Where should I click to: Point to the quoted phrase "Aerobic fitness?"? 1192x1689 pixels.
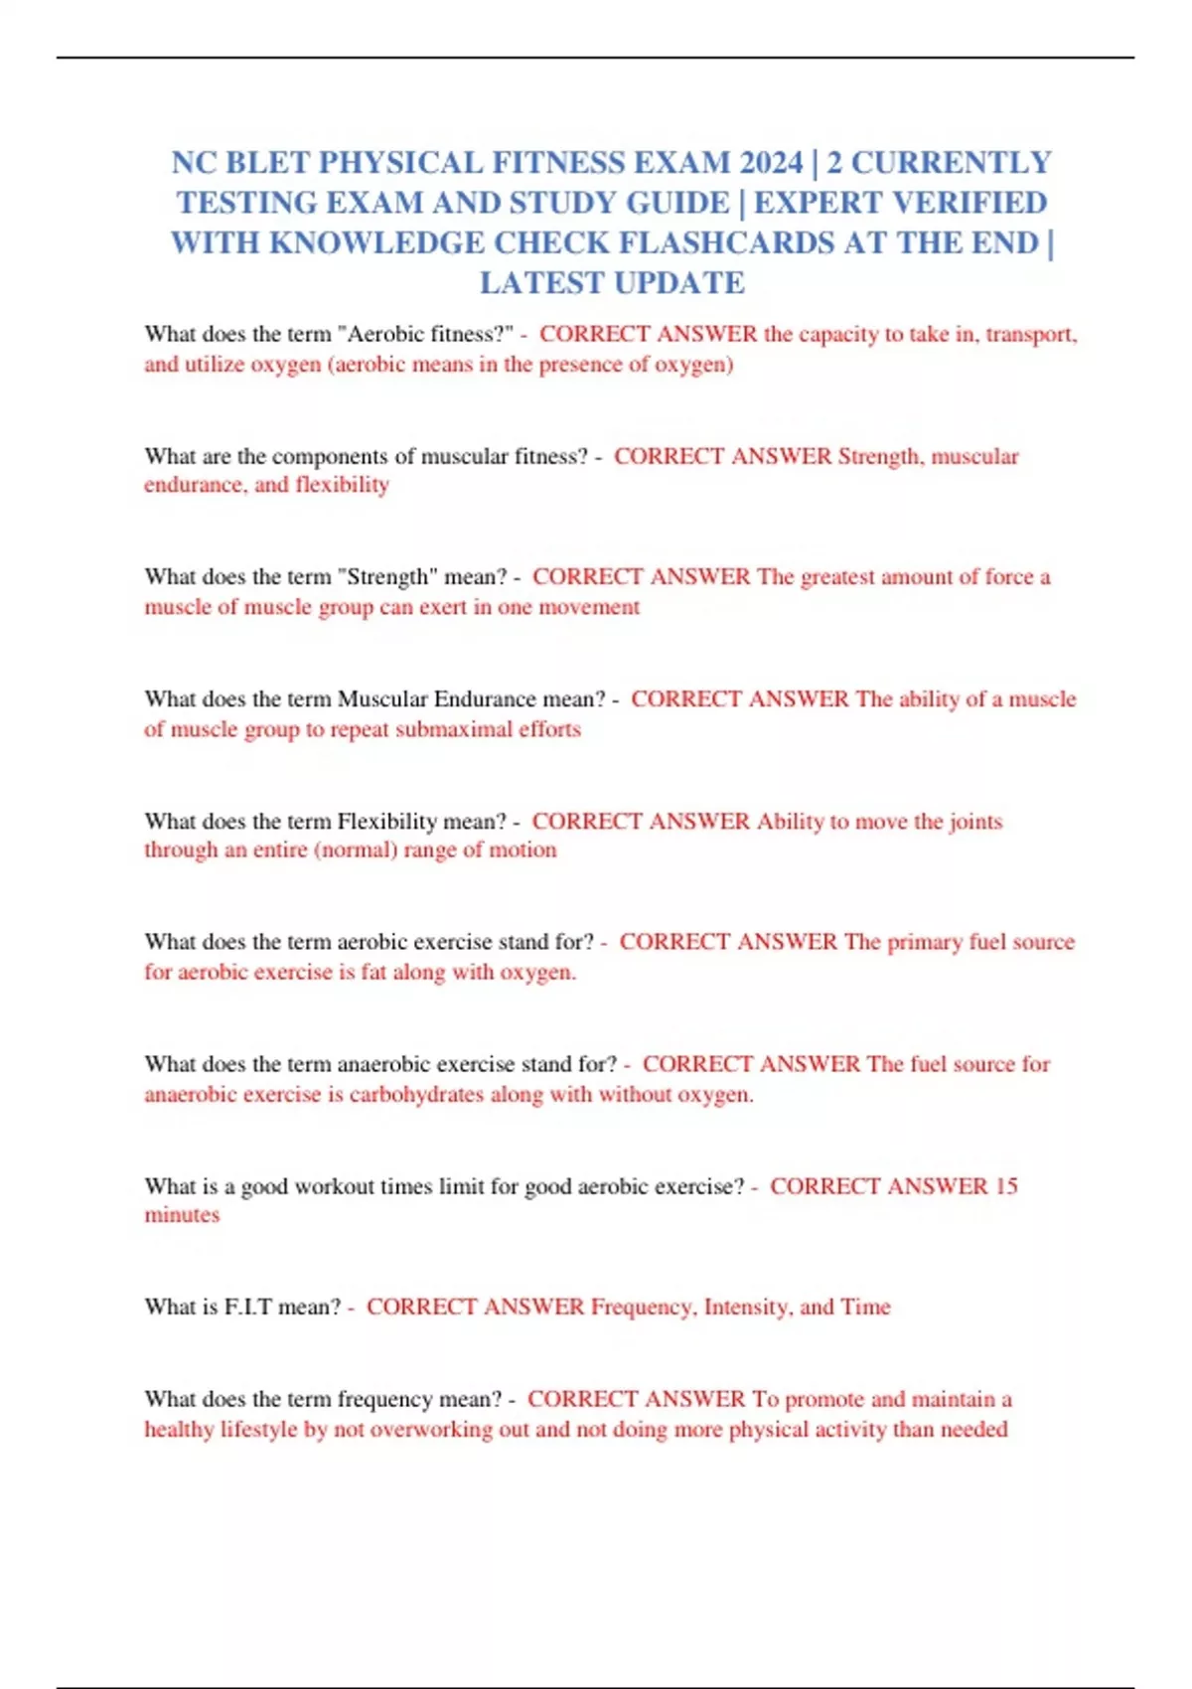(x=429, y=334)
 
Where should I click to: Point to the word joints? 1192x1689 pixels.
(x=975, y=822)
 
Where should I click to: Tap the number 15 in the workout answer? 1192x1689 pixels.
(x=1006, y=1186)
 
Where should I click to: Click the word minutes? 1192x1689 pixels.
(x=182, y=1215)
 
